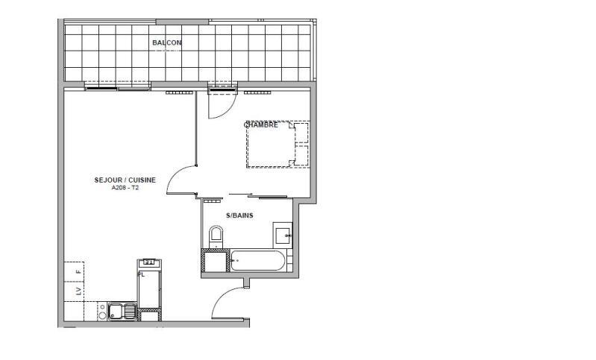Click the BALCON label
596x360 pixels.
click(166, 43)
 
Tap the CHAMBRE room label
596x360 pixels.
click(262, 125)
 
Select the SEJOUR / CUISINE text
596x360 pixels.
click(125, 180)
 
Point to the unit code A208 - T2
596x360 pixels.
click(125, 188)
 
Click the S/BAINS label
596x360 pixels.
click(239, 215)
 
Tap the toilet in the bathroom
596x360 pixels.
click(216, 237)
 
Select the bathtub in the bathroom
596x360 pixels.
click(257, 261)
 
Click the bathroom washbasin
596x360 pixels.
click(283, 236)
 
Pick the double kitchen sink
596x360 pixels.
click(121, 311)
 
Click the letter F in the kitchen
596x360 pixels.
click(77, 266)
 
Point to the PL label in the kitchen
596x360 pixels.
click(139, 274)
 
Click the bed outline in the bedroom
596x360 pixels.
click(277, 145)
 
